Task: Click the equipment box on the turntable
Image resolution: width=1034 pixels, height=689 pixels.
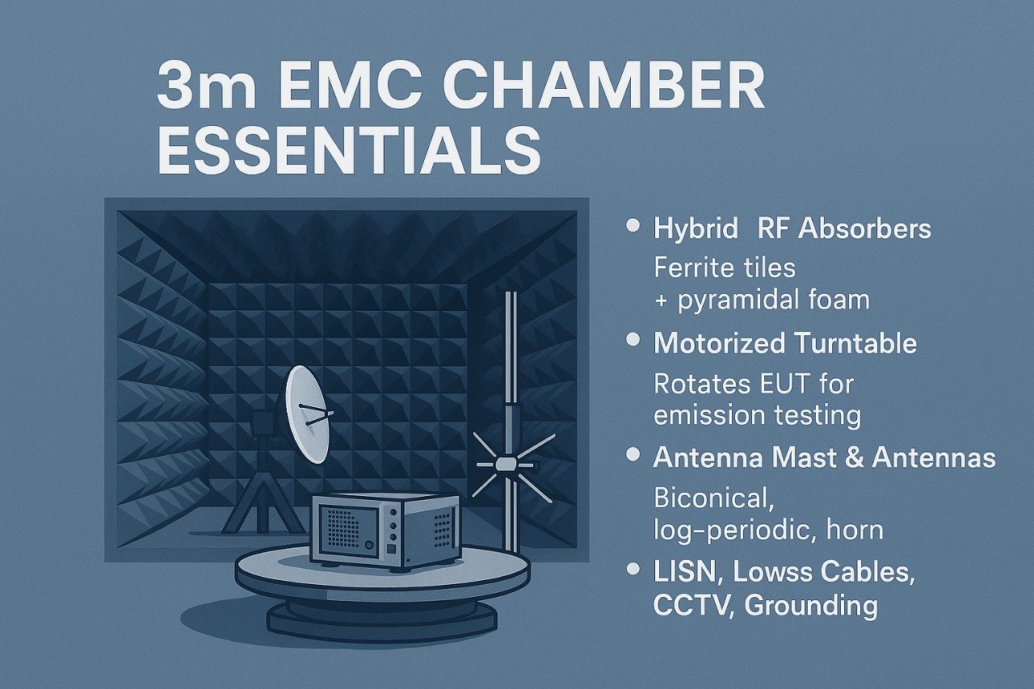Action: [385, 529]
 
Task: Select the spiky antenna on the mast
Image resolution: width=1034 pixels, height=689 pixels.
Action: [506, 465]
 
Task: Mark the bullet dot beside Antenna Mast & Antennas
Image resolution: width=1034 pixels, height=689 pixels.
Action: [634, 457]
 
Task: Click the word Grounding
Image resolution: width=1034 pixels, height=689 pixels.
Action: [811, 606]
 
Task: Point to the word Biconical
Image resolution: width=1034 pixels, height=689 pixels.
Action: [714, 498]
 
